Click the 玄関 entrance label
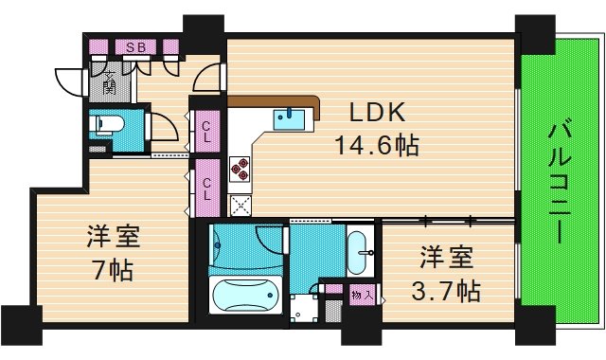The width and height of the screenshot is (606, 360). coord(109,82)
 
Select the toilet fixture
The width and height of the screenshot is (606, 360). coord(104,125)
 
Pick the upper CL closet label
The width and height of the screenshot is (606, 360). coord(206,131)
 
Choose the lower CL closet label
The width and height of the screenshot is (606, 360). coord(206,189)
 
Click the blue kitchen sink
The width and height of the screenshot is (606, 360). coord(290,119)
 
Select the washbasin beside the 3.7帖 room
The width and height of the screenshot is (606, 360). coord(360,250)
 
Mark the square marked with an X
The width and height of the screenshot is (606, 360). coord(241,203)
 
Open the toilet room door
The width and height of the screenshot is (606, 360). coord(161,128)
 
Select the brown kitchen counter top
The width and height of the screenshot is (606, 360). coord(275,102)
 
